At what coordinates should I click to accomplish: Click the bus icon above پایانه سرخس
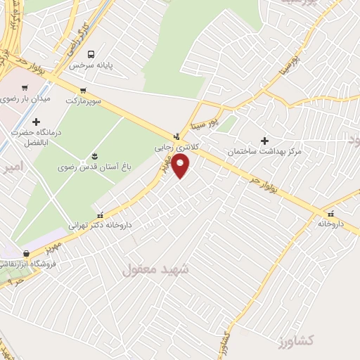click(91, 53)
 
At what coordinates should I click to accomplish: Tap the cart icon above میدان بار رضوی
click(25, 89)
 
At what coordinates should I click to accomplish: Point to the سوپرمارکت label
click(84, 101)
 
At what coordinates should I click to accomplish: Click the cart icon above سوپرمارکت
click(84, 91)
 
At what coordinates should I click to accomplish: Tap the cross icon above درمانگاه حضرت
click(37, 122)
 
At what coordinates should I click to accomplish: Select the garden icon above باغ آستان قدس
click(94, 155)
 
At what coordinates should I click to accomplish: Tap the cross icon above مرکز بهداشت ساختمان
click(265, 141)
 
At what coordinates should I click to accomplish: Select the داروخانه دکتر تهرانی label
click(100, 226)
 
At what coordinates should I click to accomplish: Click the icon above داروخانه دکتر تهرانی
click(100, 214)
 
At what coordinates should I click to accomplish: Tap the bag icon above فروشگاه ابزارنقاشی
click(26, 253)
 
